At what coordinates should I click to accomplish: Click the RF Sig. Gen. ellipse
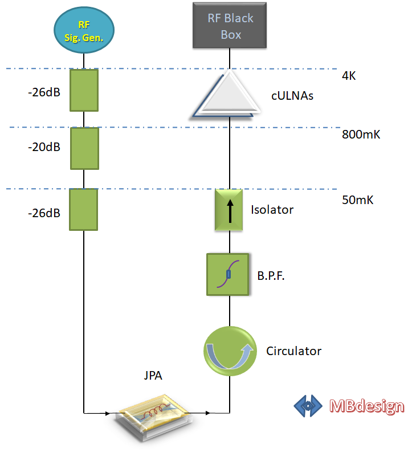point(84,30)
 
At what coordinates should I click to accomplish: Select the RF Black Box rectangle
point(230,25)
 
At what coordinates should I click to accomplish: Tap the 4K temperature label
point(349,76)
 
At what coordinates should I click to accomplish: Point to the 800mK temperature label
point(361,135)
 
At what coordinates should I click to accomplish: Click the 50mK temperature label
point(357,200)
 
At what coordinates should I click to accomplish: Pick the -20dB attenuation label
point(44,147)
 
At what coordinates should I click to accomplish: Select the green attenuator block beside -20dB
point(84,148)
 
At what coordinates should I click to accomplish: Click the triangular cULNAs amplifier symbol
point(226,94)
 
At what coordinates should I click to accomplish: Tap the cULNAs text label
point(292,96)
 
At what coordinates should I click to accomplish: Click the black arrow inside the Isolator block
point(230,211)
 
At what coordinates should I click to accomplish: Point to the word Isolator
point(272,210)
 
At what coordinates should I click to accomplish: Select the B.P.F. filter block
point(228,274)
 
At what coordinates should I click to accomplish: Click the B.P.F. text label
point(271,276)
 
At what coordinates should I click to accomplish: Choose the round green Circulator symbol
point(230,351)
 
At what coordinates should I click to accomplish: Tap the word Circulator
point(293,351)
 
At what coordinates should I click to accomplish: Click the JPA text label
point(153,376)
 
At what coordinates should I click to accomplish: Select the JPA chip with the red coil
point(153,417)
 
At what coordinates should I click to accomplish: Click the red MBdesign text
point(367,406)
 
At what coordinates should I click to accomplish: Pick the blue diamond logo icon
point(308,406)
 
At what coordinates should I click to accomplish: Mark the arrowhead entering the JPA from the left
point(108,413)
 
